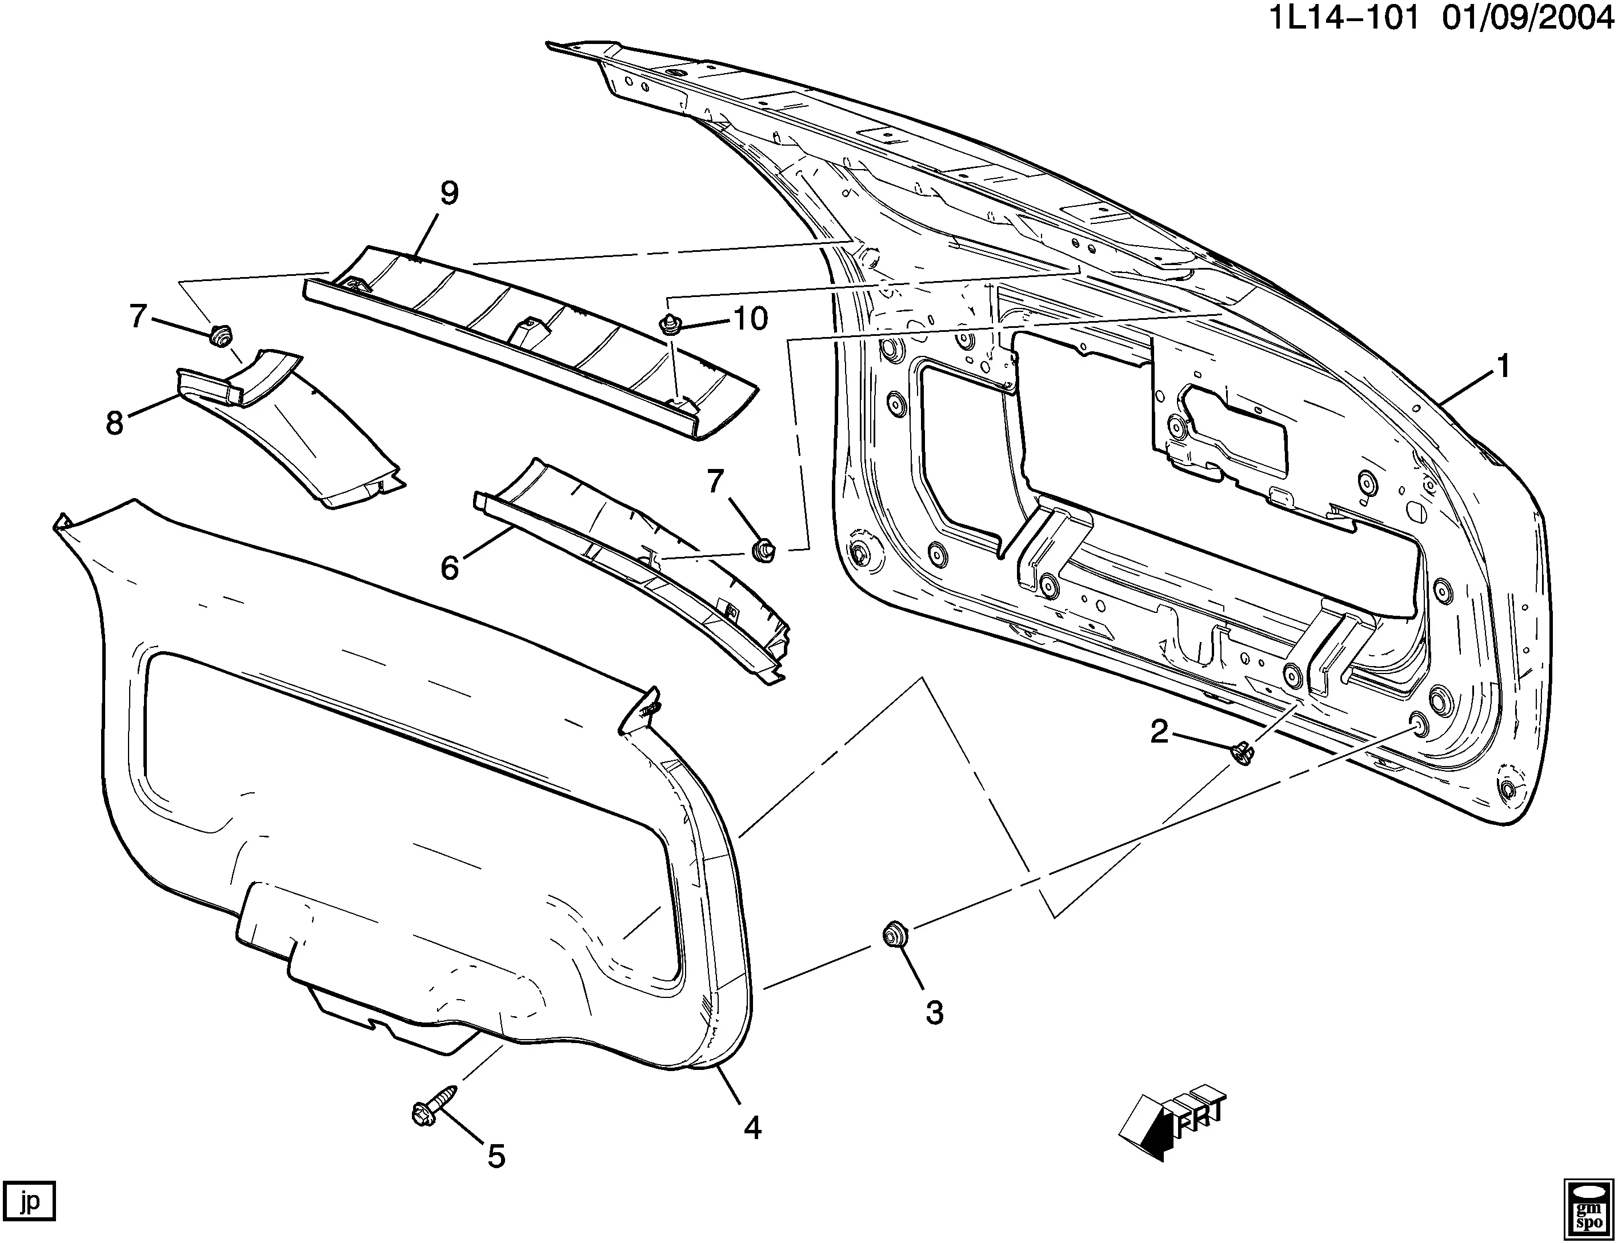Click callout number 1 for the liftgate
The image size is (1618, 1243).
tap(1503, 366)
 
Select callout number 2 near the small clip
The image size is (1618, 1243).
tap(1159, 732)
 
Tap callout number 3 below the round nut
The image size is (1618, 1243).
tap(934, 1013)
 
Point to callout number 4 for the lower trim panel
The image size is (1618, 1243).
tap(752, 1127)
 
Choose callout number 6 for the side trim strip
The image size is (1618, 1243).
tap(450, 567)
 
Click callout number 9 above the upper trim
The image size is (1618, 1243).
tap(449, 193)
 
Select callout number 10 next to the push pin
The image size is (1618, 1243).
tap(750, 319)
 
